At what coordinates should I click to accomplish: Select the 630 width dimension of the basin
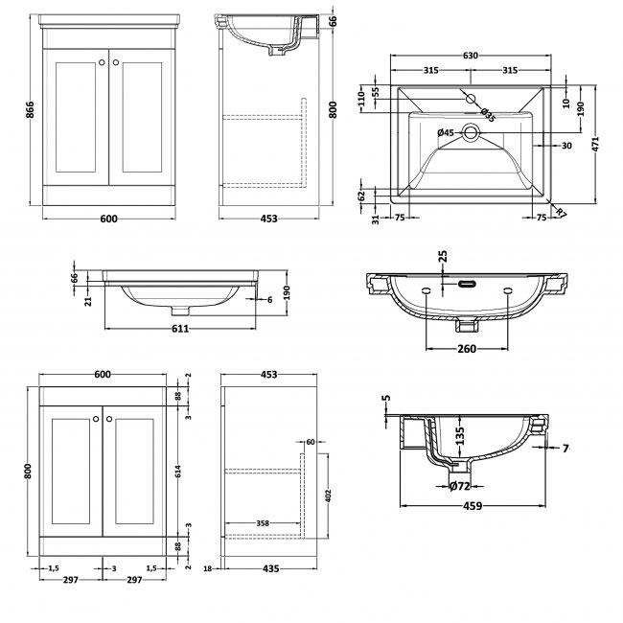tap(471, 56)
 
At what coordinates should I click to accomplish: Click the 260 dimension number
tap(465, 350)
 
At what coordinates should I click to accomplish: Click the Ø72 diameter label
tap(462, 487)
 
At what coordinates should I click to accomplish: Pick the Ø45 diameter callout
tap(445, 132)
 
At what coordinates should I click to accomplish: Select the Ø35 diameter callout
tap(487, 116)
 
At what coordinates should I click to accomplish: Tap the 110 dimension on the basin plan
tap(361, 98)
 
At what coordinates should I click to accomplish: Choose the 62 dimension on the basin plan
tap(361, 195)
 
